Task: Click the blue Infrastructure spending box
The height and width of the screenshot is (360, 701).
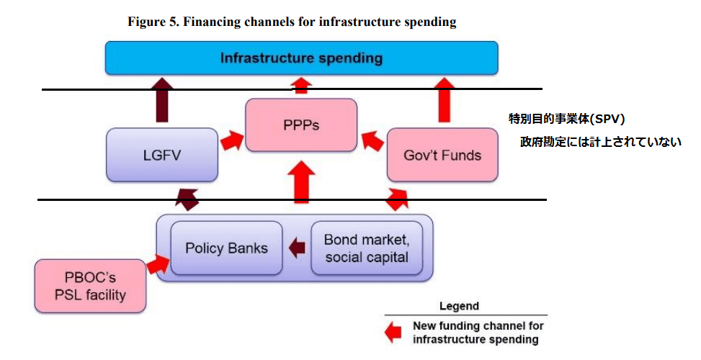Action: click(301, 58)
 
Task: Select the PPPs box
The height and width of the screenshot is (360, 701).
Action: click(301, 125)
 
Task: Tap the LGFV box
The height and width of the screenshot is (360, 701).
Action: click(162, 154)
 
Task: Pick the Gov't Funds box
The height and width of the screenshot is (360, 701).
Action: click(442, 154)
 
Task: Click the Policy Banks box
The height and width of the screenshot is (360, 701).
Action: click(226, 248)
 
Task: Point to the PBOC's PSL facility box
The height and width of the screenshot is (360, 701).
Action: click(90, 285)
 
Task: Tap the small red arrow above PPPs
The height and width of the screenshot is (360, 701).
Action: click(302, 86)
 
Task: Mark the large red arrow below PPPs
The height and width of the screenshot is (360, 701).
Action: click(302, 184)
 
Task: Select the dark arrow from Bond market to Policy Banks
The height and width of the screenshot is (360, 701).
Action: click(295, 248)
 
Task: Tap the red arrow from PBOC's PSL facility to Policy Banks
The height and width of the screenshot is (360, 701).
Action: click(156, 265)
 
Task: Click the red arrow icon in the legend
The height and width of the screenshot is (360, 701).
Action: click(393, 332)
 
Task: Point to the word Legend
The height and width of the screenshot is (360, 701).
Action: click(459, 306)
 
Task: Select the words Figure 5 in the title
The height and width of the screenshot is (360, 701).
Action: click(152, 22)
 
